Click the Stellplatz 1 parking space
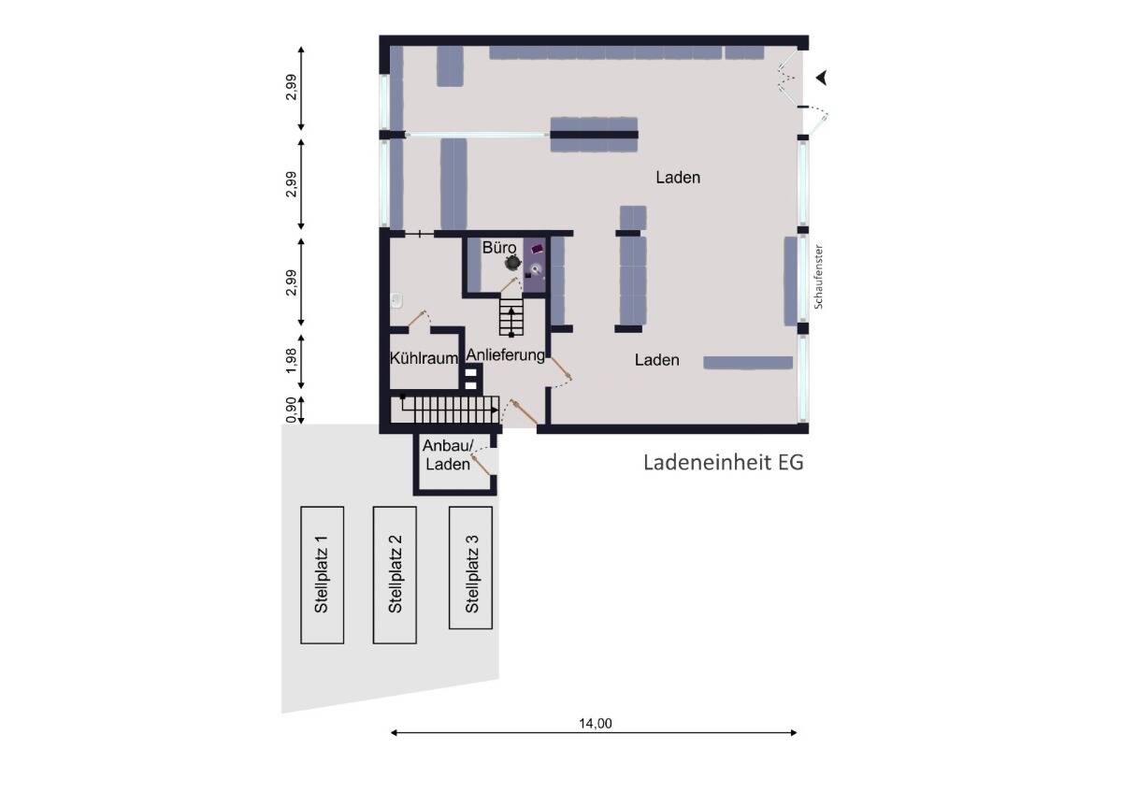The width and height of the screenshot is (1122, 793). coord(322,574)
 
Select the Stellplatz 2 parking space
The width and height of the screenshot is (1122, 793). coord(395,574)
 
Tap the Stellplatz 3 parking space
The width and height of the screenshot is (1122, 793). coord(470,568)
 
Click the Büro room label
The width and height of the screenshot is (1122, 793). coord(499,249)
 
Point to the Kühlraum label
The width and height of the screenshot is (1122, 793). coord(424,358)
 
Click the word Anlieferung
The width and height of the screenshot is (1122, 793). coord(505,355)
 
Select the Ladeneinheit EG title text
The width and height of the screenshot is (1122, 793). coord(723,462)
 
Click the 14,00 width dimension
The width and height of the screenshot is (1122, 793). coord(595,722)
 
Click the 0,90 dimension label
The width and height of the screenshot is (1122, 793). coord(292,410)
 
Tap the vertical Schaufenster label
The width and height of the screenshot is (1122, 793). coord(818,278)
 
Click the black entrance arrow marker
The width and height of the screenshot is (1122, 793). coord(822,78)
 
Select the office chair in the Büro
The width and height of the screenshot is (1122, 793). coord(511,264)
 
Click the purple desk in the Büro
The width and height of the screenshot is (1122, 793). coord(536,249)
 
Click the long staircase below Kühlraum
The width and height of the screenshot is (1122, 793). coord(448,408)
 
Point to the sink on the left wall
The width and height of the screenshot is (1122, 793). coord(396,300)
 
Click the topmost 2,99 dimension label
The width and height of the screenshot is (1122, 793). coord(292,90)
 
